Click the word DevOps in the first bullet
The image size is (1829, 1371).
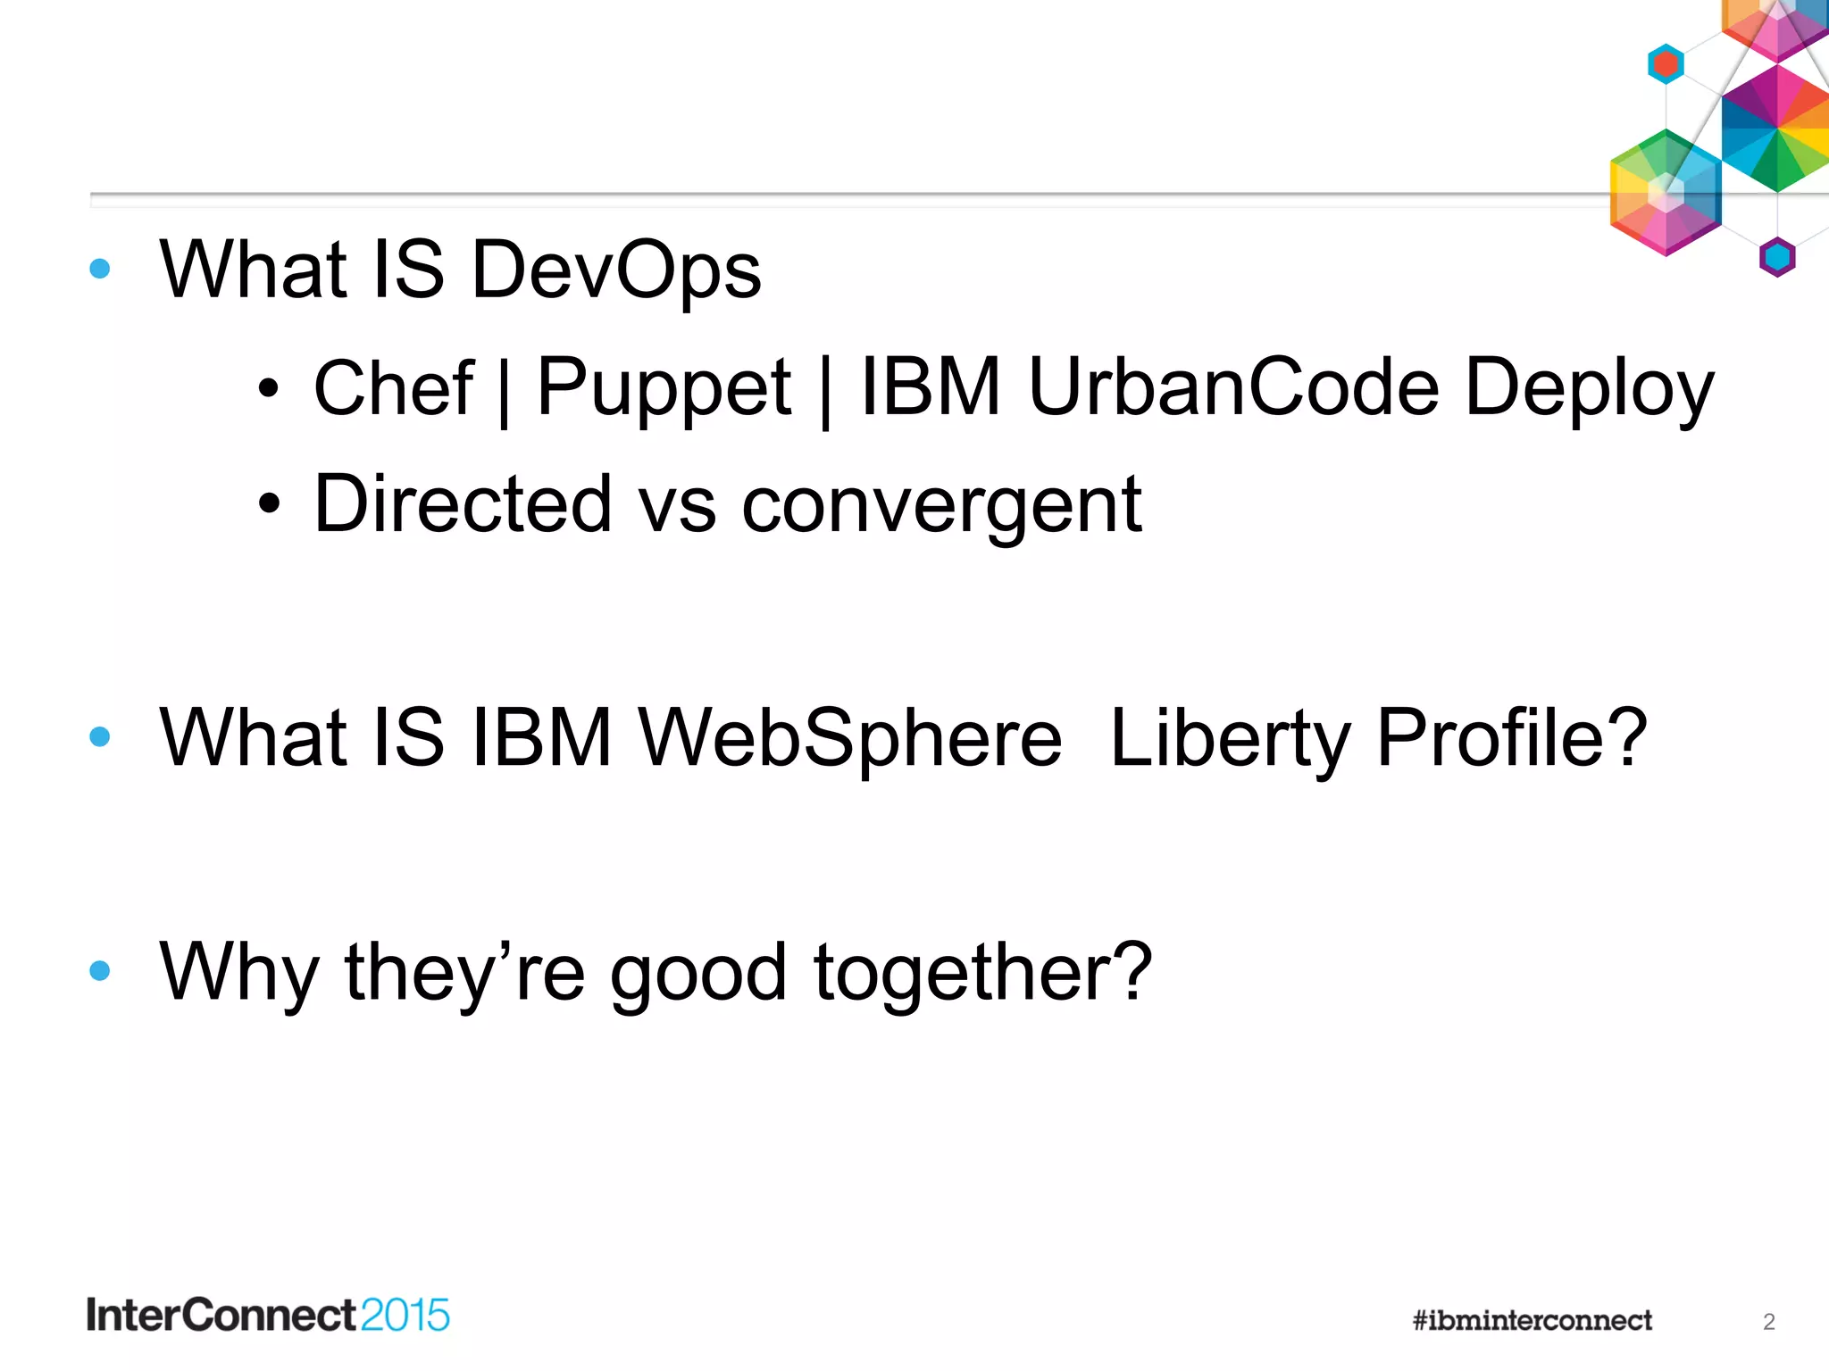click(615, 270)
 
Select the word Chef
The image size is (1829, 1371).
click(393, 387)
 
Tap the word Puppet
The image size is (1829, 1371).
click(663, 389)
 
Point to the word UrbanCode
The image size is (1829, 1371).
click(1233, 387)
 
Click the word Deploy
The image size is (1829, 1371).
click(1589, 389)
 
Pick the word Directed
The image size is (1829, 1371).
click(462, 504)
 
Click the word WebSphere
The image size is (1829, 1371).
click(850, 737)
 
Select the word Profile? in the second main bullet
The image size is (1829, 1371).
click(1511, 737)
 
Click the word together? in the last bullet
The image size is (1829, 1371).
click(982, 972)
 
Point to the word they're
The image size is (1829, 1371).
click(464, 972)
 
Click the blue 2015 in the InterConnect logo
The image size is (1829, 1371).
click(405, 1316)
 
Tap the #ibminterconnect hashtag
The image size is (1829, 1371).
click(1532, 1320)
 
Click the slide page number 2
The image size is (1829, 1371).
click(1768, 1322)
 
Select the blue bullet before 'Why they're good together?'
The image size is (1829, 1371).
click(100, 970)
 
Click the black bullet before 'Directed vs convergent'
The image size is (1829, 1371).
click(269, 505)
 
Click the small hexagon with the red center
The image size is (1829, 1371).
click(1666, 64)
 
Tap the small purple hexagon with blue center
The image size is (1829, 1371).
click(1777, 258)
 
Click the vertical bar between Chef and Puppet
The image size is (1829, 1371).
click(505, 391)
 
